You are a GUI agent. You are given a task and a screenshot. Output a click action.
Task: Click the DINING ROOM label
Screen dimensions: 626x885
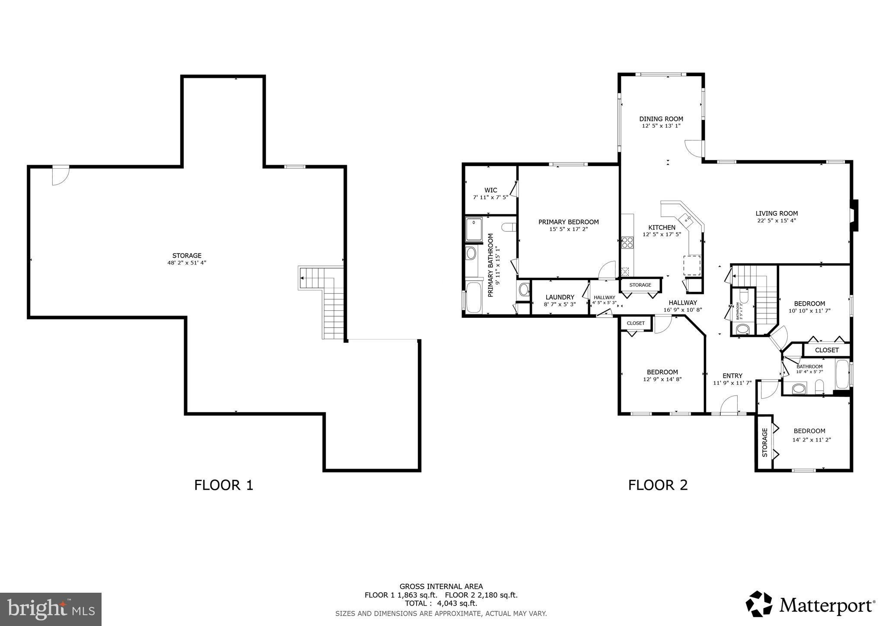pyautogui.click(x=661, y=119)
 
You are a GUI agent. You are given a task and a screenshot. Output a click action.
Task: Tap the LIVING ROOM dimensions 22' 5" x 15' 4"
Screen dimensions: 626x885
pyautogui.click(x=777, y=220)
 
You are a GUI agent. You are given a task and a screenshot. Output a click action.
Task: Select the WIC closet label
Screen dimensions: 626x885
pyautogui.click(x=490, y=190)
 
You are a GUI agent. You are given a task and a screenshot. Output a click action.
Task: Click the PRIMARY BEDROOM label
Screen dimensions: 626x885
pyautogui.click(x=568, y=222)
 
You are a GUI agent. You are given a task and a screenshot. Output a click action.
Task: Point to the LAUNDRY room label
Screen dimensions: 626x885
pyautogui.click(x=560, y=297)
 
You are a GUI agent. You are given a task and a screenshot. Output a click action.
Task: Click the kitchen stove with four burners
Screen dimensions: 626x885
pyautogui.click(x=627, y=243)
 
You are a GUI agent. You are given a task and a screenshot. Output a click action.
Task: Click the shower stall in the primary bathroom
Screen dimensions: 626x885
pyautogui.click(x=474, y=229)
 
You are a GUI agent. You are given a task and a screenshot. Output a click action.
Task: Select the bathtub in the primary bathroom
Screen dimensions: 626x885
pyautogui.click(x=474, y=297)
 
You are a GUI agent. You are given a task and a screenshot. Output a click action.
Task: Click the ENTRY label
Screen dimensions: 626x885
pyautogui.click(x=732, y=376)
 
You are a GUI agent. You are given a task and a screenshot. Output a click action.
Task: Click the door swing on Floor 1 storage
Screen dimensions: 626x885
pyautogui.click(x=60, y=176)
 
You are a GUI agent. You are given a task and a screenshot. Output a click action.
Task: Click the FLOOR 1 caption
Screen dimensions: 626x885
pyautogui.click(x=223, y=485)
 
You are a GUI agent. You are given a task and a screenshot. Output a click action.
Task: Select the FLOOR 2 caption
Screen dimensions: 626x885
pyautogui.click(x=658, y=485)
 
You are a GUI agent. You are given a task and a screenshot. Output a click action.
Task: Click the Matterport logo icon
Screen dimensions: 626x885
pyautogui.click(x=759, y=604)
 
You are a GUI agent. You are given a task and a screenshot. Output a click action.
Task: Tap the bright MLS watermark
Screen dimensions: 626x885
pyautogui.click(x=51, y=610)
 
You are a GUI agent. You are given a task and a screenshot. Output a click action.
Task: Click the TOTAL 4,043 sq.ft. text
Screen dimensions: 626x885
pyautogui.click(x=441, y=604)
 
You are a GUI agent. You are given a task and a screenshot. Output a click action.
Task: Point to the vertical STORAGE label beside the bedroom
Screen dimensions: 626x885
pyautogui.click(x=765, y=443)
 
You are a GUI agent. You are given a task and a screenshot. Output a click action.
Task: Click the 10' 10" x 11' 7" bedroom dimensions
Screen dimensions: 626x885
pyautogui.click(x=809, y=310)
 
